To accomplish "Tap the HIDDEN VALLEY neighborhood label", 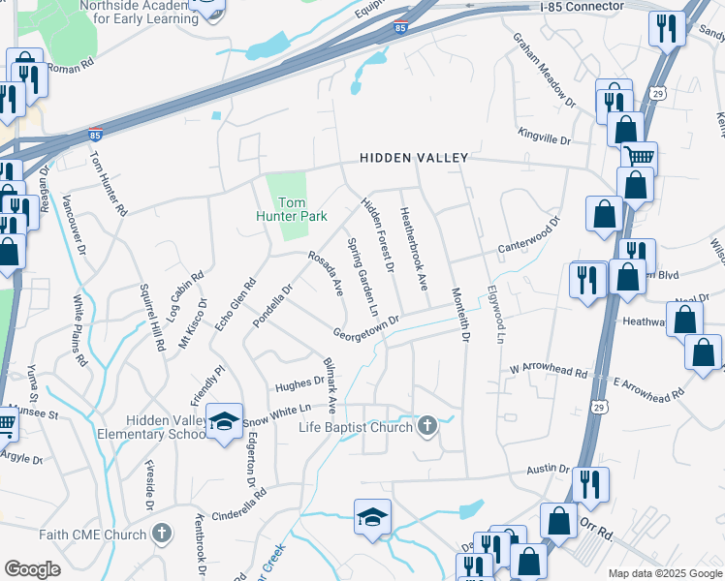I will click(x=414, y=157).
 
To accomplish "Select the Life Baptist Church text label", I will click(x=356, y=426).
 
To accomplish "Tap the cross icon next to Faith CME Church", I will click(x=161, y=534).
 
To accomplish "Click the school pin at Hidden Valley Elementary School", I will click(x=225, y=421).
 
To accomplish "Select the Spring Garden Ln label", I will click(x=362, y=277).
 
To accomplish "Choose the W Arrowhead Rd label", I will click(x=549, y=372).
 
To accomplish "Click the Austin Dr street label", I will click(x=547, y=469).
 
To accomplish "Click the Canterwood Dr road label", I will click(x=530, y=233).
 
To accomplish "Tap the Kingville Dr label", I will click(x=544, y=138).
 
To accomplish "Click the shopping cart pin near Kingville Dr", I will click(x=638, y=156).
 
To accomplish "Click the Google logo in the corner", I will click(x=32, y=569).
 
